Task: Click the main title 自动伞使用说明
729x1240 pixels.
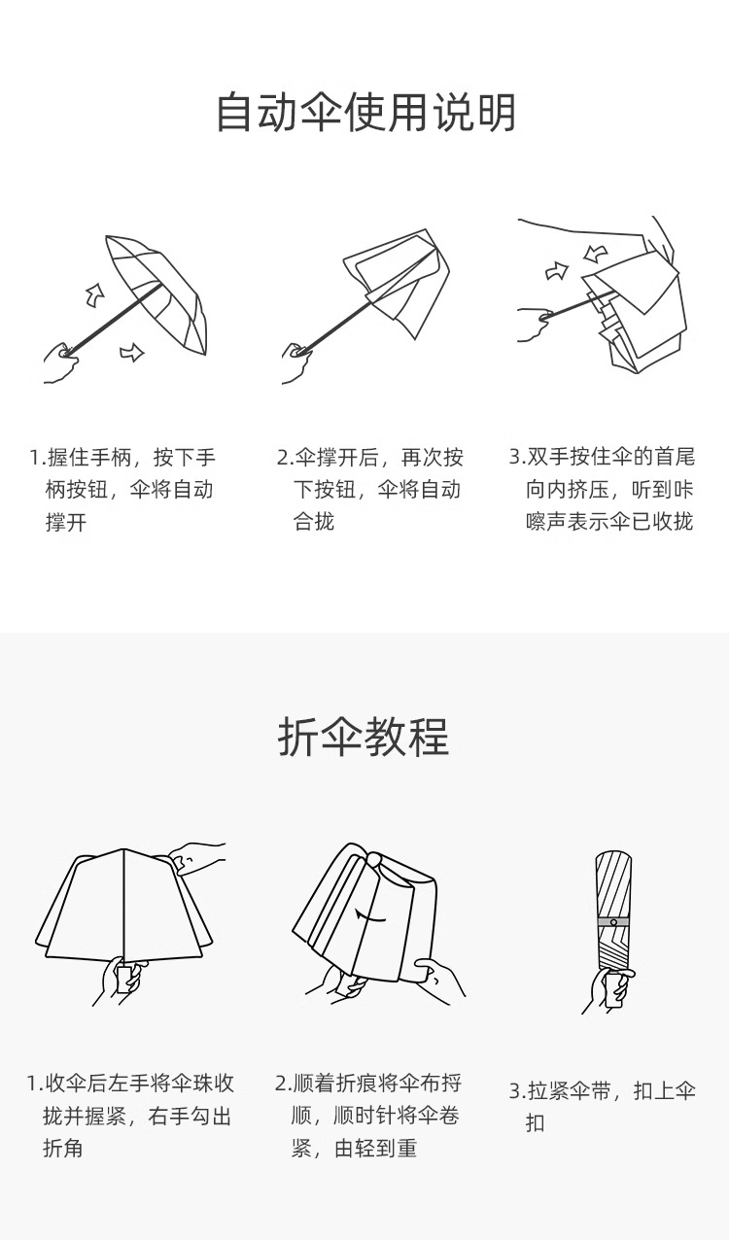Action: pyautogui.click(x=365, y=113)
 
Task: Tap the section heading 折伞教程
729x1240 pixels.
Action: pyautogui.click(x=364, y=737)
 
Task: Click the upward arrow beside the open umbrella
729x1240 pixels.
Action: pyautogui.click(x=95, y=295)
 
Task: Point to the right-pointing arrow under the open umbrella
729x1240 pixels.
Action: pyautogui.click(x=132, y=353)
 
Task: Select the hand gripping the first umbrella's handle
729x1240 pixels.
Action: pyautogui.click(x=61, y=362)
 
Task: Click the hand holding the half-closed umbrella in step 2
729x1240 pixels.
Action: pyautogui.click(x=297, y=363)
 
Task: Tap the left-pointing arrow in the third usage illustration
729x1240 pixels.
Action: pyautogui.click(x=596, y=254)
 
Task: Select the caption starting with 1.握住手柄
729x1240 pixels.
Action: pyautogui.click(x=121, y=490)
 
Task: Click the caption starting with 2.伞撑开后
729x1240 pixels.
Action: pyautogui.click(x=369, y=490)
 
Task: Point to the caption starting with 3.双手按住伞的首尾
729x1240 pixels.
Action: pyautogui.click(x=603, y=490)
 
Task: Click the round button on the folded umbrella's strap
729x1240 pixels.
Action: pyautogui.click(x=613, y=922)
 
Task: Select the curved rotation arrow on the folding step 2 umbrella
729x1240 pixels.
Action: pyautogui.click(x=369, y=915)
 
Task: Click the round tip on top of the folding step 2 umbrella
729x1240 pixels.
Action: pyautogui.click(x=373, y=860)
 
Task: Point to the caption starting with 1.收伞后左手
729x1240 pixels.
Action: pyautogui.click(x=130, y=1116)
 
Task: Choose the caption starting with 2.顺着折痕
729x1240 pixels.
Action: pyautogui.click(x=368, y=1116)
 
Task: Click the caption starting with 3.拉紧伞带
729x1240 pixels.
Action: pyautogui.click(x=603, y=1107)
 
